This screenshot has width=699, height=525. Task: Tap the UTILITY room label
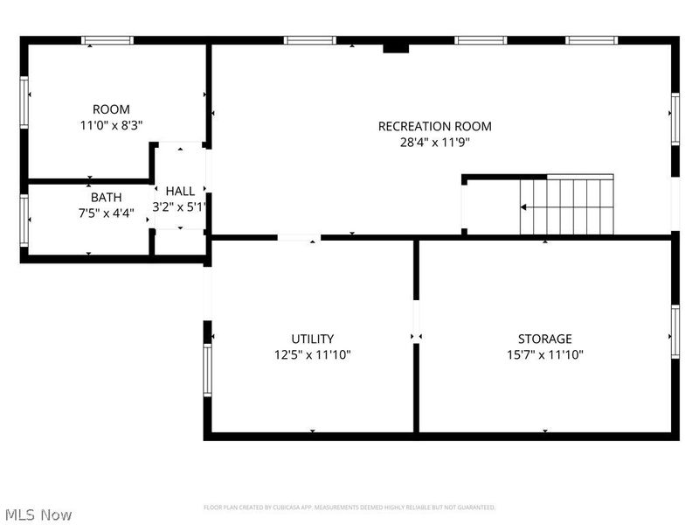[x=312, y=339]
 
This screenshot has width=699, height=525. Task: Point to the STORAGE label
[x=544, y=339]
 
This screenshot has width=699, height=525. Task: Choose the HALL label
[x=180, y=191]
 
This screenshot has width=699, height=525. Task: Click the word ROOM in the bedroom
[x=111, y=109]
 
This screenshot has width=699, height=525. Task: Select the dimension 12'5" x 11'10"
[x=312, y=354]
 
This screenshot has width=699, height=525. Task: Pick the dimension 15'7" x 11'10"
[x=544, y=354]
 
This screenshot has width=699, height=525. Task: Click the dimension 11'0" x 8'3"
[x=111, y=125]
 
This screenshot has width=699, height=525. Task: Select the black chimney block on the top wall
[x=396, y=47]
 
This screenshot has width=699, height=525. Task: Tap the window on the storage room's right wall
[x=675, y=332]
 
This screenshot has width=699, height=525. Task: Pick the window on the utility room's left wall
[x=208, y=370]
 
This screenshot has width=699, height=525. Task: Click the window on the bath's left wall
[x=24, y=220]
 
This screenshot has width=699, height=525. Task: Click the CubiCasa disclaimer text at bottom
[x=349, y=507]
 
